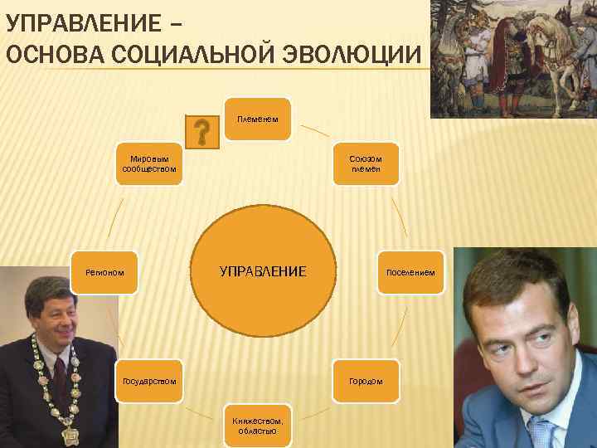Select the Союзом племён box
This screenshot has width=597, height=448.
click(x=366, y=163)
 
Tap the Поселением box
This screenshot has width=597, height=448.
click(x=410, y=272)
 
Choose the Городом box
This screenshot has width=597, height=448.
click(x=366, y=381)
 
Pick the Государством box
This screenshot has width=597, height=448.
click(x=148, y=381)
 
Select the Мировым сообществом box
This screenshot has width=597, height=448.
click(x=148, y=163)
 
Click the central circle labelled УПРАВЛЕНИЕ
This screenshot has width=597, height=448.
click(x=262, y=271)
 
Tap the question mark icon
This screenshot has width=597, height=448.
click(x=201, y=132)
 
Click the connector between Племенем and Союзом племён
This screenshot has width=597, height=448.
click(x=314, y=130)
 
